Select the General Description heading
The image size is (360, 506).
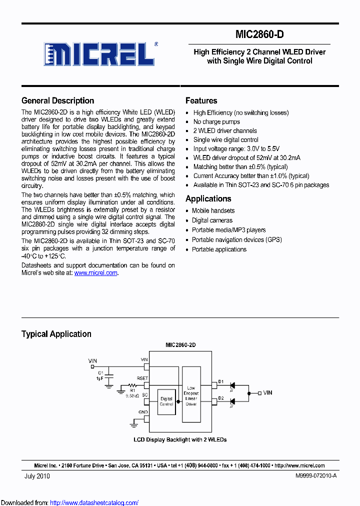tap(57, 100)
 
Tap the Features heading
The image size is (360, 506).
tap(201, 100)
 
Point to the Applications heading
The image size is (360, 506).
tap(208, 198)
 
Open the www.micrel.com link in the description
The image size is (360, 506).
tap(96, 273)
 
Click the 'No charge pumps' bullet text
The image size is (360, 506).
tap(216, 122)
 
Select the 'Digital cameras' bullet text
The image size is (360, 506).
tap(212, 220)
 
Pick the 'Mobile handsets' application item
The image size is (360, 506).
tap(213, 211)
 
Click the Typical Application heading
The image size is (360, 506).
tap(56, 334)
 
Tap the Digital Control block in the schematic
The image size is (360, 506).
tap(166, 401)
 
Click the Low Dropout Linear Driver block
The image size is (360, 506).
tap(191, 396)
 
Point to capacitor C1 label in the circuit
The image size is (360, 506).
tap(100, 372)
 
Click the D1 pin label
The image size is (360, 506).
tap(221, 382)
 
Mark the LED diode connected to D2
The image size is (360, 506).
tap(232, 401)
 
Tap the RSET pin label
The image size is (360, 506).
tap(142, 378)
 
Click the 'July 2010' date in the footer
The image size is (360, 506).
tap(37, 476)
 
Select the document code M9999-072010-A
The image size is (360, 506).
tap(316, 476)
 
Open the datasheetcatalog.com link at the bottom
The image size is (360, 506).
tap(94, 502)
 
